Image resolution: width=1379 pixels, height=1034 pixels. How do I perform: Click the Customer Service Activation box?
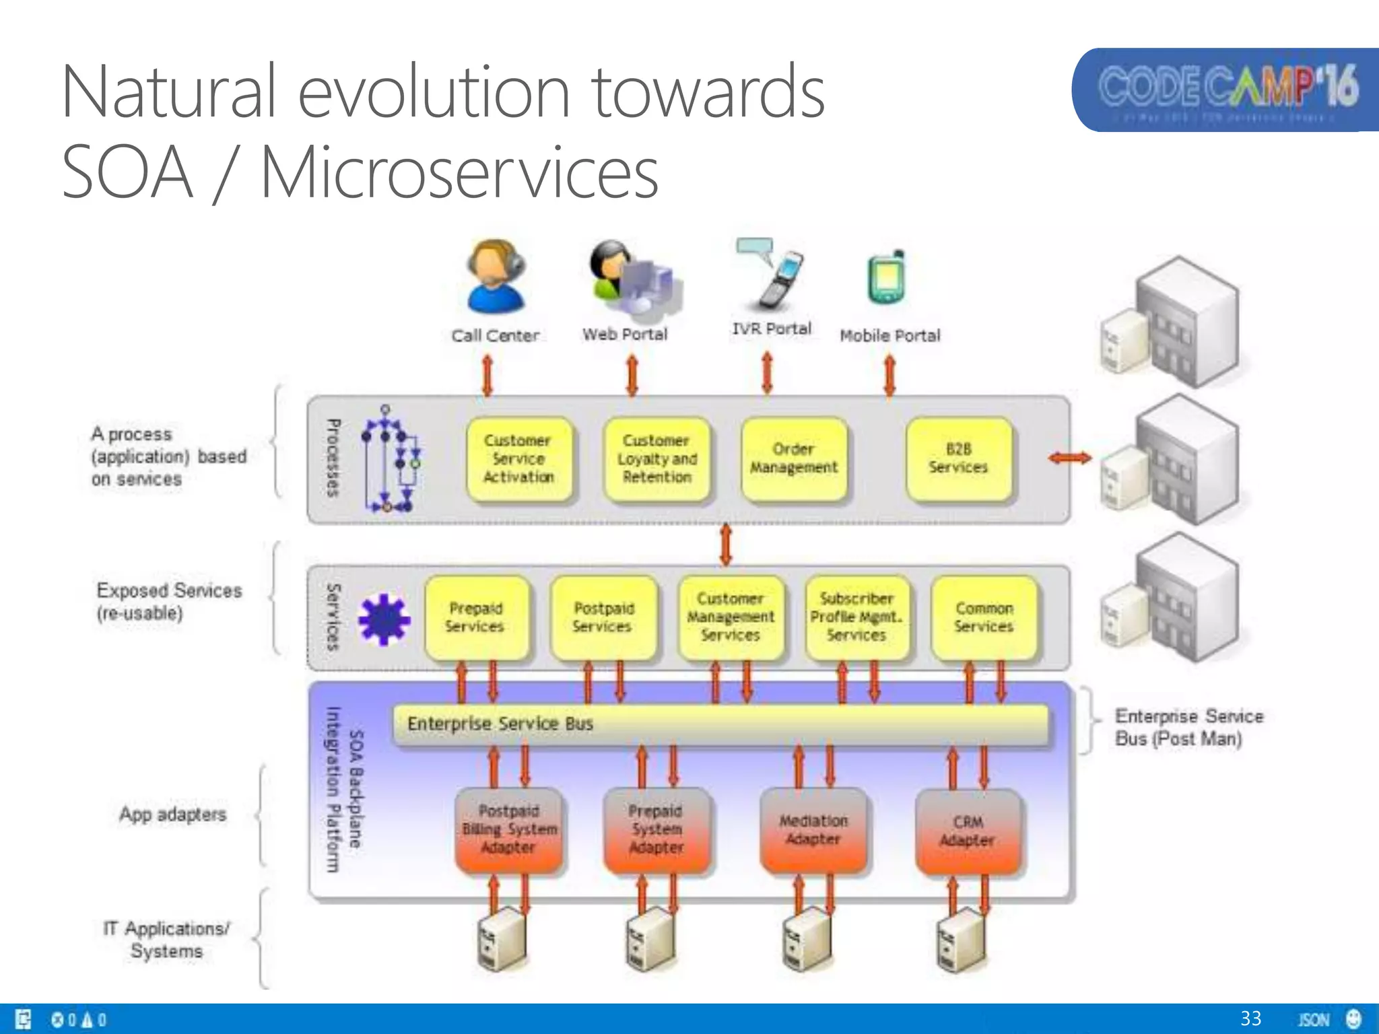coord(518,459)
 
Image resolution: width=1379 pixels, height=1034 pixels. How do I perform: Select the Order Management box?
coord(793,459)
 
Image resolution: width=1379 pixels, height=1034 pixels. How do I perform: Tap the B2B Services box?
coord(958,459)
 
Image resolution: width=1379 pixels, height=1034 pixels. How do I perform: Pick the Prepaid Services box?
coord(475,618)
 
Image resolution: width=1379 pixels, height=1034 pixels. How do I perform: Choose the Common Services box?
coord(984,618)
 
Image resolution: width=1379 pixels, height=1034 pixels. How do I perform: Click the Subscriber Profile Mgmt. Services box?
coord(856,618)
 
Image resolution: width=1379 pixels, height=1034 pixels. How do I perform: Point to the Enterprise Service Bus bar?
coord(720,724)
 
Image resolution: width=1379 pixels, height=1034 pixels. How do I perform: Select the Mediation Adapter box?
coord(813,831)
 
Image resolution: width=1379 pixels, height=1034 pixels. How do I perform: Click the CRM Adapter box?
coord(968,832)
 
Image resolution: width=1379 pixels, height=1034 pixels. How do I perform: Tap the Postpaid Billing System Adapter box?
coord(509,831)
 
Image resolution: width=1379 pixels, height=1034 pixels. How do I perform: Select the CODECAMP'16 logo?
coord(1225,90)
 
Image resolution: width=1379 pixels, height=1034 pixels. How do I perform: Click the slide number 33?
coord(1250,1019)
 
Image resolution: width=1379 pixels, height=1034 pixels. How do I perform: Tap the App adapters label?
coord(172,815)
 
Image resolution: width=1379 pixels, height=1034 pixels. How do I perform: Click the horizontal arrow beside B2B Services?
coord(1069,458)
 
